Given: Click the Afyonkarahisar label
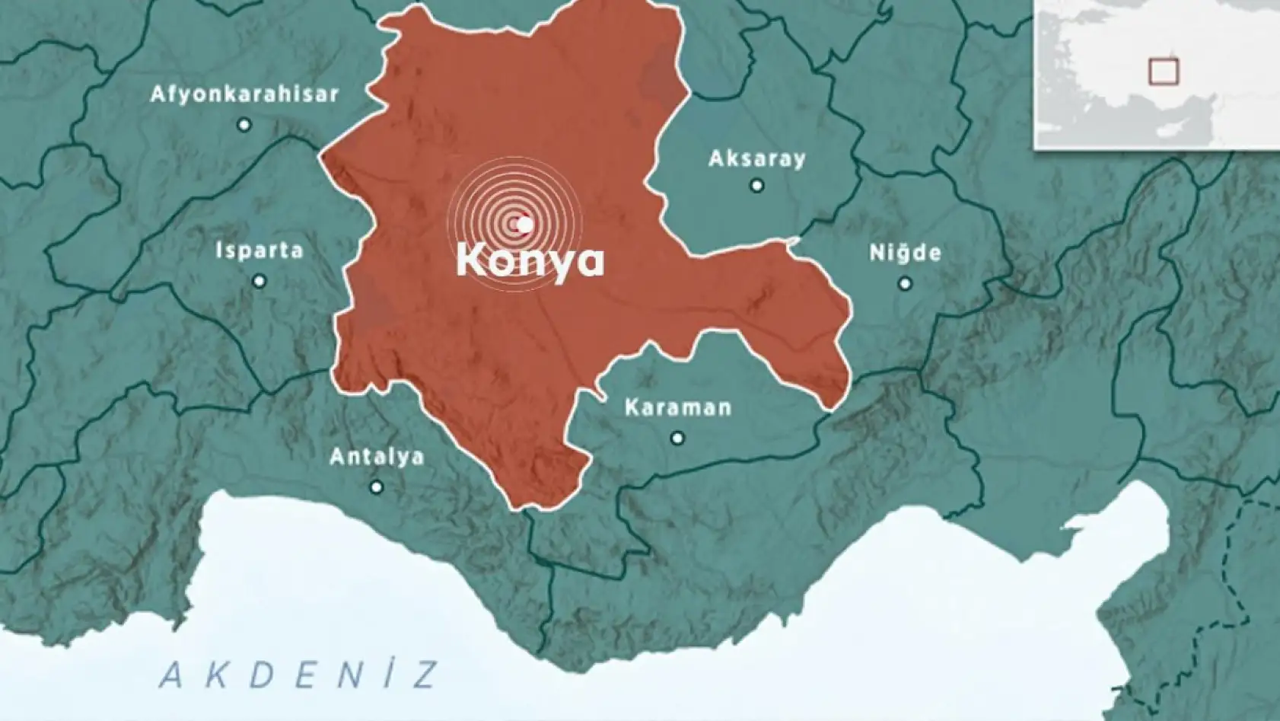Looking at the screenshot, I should click(244, 94).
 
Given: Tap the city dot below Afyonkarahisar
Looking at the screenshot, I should click(244, 124).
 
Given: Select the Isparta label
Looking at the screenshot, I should click(260, 250).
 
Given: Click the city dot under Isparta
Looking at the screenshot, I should click(260, 281).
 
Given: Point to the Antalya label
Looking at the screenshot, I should click(377, 457).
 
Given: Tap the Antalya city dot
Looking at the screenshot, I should click(376, 487).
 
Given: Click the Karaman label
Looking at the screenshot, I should click(678, 407).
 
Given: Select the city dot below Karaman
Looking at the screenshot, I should click(677, 438).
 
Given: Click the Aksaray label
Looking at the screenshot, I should click(756, 158).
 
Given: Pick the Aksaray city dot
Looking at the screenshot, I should click(756, 185).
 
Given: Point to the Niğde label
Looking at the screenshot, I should click(905, 253).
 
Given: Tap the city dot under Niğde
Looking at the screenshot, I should click(905, 283).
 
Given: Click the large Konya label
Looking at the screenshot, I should click(530, 261).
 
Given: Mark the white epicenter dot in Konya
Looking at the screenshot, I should click(524, 225).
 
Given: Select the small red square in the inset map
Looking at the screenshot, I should click(1163, 72).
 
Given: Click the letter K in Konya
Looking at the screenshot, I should click(471, 260).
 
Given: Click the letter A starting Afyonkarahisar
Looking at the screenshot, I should click(158, 94).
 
